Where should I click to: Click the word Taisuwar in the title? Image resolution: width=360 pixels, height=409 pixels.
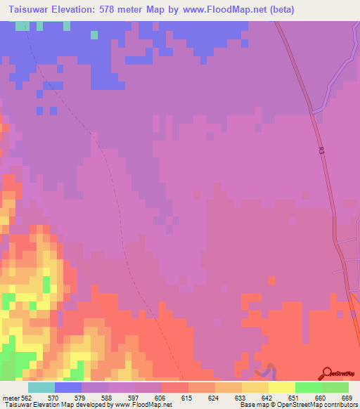point(32,10)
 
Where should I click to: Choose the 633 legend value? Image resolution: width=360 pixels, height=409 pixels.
point(240,397)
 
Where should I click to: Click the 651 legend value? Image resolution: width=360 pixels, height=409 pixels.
point(294,397)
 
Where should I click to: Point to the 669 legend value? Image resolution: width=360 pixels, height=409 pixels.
point(347,397)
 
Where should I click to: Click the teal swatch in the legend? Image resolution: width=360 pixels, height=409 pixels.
point(41,387)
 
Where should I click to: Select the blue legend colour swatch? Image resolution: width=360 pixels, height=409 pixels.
point(68,387)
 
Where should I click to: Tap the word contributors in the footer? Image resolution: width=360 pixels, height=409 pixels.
point(339,405)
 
